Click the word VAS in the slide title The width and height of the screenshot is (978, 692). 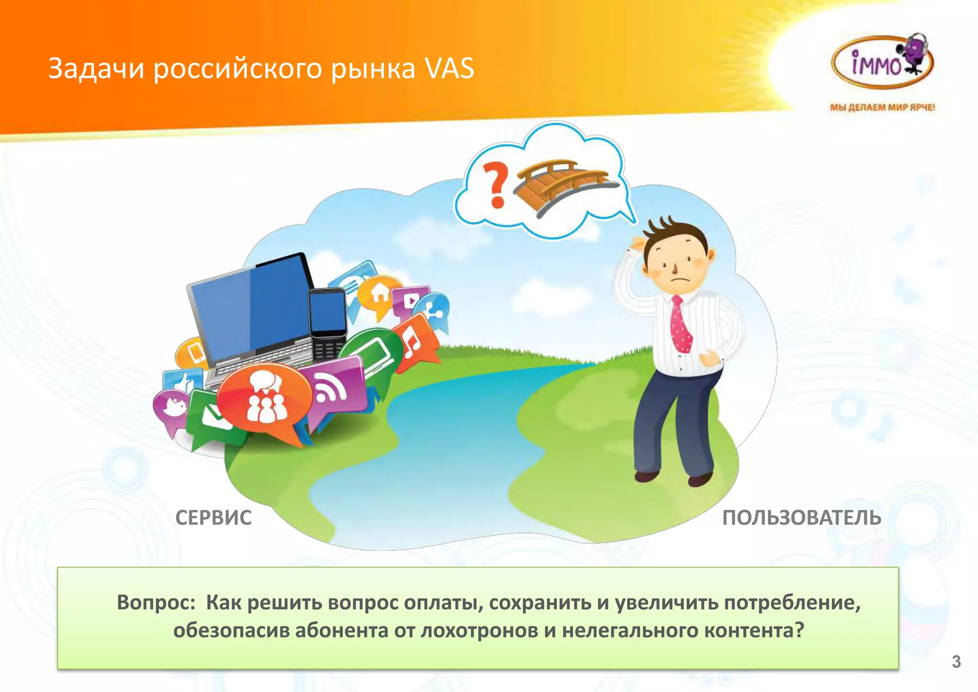[449, 68]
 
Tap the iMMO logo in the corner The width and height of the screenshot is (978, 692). [882, 63]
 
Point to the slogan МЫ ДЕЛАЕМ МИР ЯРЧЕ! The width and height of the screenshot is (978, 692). [882, 107]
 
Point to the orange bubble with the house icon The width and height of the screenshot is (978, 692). [380, 292]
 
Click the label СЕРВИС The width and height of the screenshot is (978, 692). [213, 518]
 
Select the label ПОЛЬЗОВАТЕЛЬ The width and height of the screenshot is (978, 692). [801, 518]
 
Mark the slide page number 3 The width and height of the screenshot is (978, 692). [956, 661]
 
